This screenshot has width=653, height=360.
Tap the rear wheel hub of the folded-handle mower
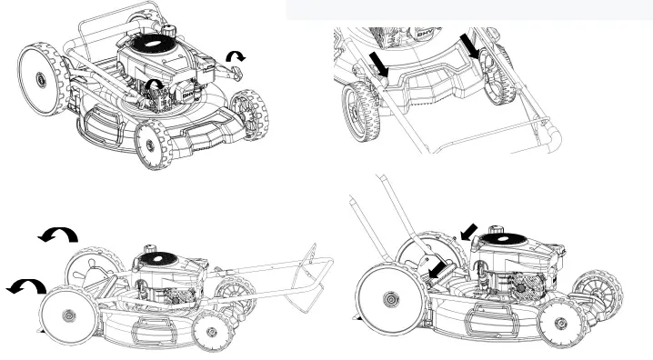click(67, 314)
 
